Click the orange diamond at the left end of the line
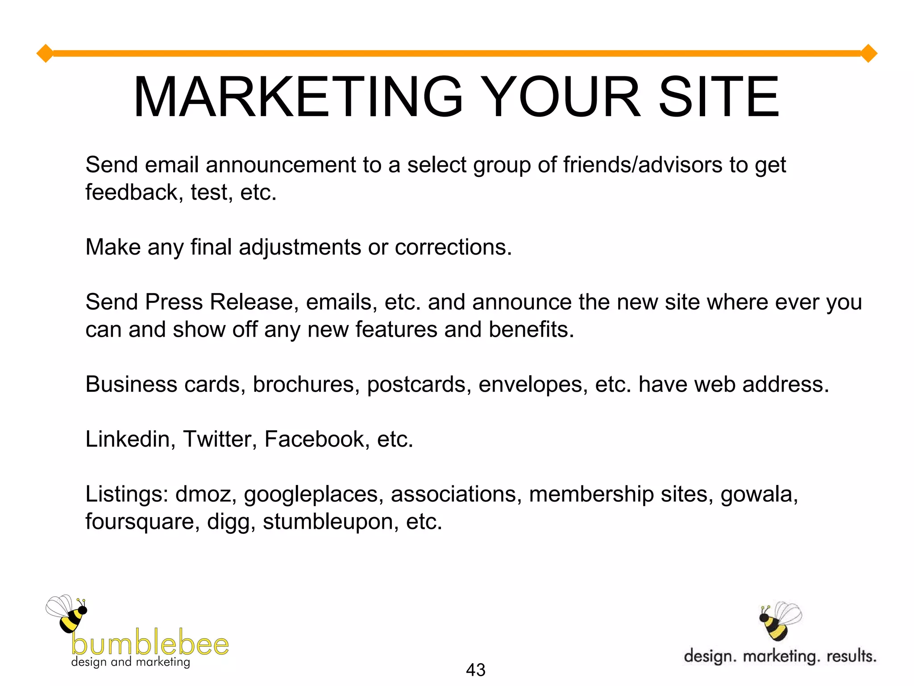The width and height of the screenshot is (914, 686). point(45,54)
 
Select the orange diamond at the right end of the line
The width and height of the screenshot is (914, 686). point(868,54)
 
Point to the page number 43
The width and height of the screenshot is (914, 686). point(475,670)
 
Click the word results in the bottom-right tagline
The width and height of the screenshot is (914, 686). point(851,656)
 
